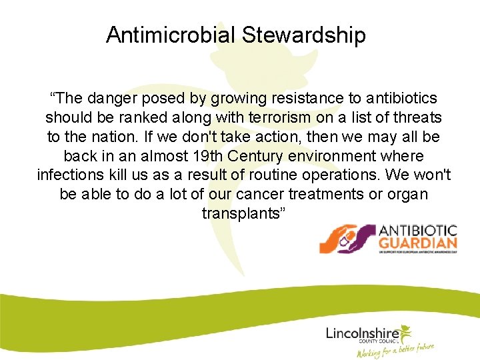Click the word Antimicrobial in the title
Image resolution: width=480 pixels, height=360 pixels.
click(x=171, y=35)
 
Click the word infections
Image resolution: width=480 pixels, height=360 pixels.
click(x=68, y=176)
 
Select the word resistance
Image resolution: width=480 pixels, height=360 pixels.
click(x=306, y=99)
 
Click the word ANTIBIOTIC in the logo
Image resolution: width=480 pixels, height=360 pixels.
click(x=418, y=230)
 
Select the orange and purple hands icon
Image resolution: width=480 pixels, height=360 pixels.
click(x=347, y=239)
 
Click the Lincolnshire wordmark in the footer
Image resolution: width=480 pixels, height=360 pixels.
click(x=362, y=333)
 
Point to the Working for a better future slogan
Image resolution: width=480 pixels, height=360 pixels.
click(x=396, y=349)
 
